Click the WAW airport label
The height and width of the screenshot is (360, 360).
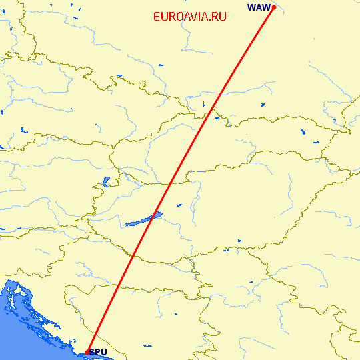click(x=259, y=7)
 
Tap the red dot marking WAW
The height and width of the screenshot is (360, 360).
click(x=274, y=7)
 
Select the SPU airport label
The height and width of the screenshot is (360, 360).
click(x=97, y=352)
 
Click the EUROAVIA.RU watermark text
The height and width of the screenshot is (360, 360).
click(x=189, y=17)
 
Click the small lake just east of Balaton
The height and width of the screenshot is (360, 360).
click(x=179, y=205)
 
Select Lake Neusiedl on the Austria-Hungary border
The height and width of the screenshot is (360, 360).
click(x=105, y=181)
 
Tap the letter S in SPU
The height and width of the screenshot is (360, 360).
click(x=92, y=352)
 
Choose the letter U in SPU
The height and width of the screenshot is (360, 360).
click(x=103, y=352)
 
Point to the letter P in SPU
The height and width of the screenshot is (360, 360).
click(x=97, y=352)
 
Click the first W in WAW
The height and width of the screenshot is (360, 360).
click(x=251, y=7)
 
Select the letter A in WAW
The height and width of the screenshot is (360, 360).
click(x=259, y=7)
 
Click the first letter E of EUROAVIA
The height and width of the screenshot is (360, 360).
click(x=156, y=17)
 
